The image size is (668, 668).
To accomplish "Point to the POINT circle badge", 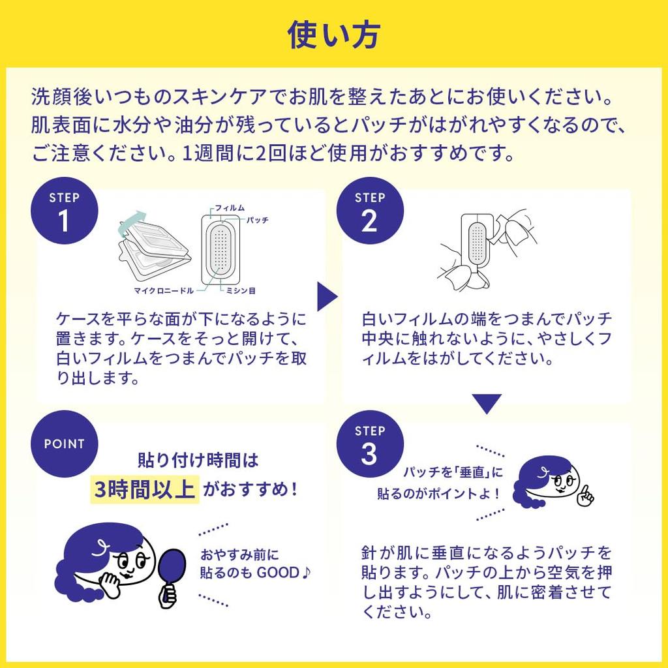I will click(x=65, y=444).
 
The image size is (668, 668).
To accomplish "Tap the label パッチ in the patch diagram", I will click(x=258, y=220).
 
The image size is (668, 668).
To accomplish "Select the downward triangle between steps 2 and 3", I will click(x=487, y=403).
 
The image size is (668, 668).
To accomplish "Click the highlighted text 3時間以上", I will click(x=144, y=489).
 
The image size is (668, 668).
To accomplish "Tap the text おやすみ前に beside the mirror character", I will click(x=239, y=555).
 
